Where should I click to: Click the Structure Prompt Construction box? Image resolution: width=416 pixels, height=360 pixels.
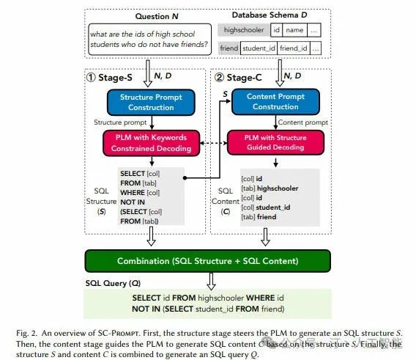[x=151, y=103]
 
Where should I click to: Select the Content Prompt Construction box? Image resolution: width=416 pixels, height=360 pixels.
[x=275, y=102]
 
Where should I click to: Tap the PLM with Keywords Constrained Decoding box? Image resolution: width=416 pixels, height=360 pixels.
[x=151, y=143]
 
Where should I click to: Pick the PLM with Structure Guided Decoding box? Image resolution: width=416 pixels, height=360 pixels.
[x=275, y=142]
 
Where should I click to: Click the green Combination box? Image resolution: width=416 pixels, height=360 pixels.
[x=208, y=261]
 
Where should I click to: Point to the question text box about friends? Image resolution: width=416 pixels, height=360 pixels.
[x=149, y=40]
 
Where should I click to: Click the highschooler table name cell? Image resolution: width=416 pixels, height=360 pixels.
[x=244, y=30]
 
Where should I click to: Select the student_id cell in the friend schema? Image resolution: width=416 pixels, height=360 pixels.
[x=259, y=48]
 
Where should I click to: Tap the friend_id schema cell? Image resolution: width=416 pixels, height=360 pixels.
[x=294, y=48]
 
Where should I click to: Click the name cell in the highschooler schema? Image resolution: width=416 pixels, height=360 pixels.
[x=294, y=30]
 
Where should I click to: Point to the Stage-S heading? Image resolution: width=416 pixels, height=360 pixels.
[x=109, y=78]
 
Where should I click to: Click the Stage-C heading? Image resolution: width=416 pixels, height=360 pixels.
[x=238, y=78]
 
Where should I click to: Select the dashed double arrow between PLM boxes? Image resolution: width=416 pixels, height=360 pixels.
[x=214, y=143]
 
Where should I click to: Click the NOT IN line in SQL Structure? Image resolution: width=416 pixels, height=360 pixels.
[x=133, y=202]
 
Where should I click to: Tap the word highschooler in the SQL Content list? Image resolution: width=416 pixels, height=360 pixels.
[x=278, y=188]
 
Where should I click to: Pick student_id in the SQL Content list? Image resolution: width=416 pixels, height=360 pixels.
[x=273, y=207]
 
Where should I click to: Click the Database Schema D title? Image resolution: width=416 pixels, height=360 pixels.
[x=270, y=15]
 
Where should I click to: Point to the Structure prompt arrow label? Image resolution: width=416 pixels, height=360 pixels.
[x=120, y=122]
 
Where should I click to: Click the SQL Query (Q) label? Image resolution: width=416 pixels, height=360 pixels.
[x=113, y=283]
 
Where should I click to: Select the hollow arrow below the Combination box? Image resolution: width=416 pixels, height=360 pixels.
[x=211, y=282]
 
